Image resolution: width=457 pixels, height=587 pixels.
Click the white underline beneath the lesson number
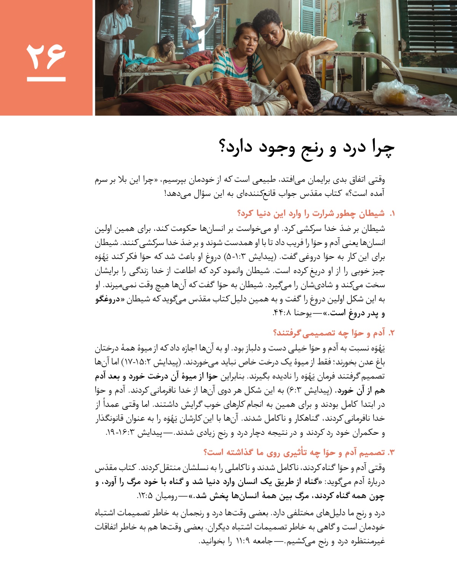(x=46, y=80)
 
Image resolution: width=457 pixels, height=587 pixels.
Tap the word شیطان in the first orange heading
(x=371, y=213)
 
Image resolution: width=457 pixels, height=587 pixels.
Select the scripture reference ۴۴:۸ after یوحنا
(x=282, y=313)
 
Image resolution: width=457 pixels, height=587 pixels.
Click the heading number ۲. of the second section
(x=391, y=333)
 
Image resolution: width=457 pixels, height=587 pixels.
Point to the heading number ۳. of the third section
(x=391, y=453)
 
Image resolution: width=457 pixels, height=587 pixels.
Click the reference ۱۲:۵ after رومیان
(x=144, y=496)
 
